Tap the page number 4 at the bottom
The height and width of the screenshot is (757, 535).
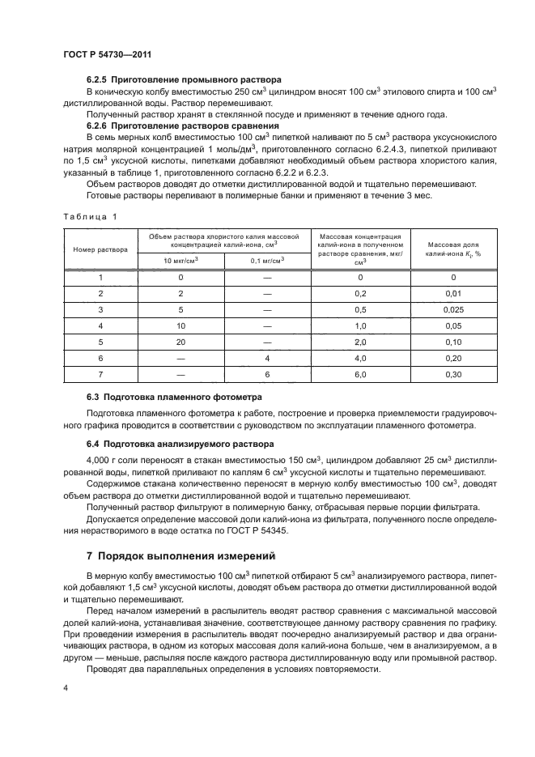pos(66,687)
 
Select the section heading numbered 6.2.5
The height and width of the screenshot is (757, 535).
pos(184,80)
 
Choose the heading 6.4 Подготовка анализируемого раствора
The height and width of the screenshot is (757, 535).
pos(180,444)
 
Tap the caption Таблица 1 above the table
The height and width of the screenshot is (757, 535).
pos(90,216)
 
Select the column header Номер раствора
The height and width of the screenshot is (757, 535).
pos(100,249)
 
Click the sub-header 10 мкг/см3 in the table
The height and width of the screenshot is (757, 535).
pos(180,260)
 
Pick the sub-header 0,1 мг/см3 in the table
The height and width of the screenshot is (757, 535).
pos(266,260)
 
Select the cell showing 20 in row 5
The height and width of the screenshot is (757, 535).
pos(180,342)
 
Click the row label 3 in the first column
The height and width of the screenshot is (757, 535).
pos(100,309)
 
